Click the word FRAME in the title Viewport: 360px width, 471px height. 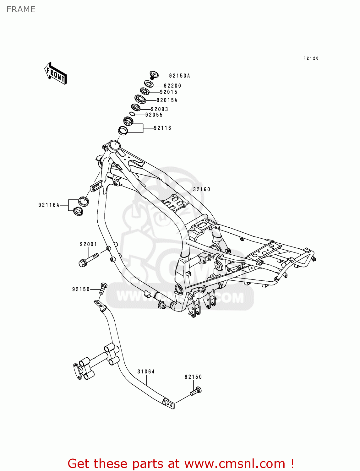point(21,9)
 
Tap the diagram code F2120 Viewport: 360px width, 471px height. point(311,58)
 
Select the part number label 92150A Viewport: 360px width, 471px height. point(180,76)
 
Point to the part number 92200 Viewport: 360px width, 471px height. point(172,86)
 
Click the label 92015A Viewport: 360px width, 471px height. point(167,100)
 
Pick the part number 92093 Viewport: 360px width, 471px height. point(160,109)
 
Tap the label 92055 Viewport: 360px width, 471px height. point(154,115)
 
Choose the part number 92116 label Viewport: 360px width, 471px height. point(162,128)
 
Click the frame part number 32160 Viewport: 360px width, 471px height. point(202,189)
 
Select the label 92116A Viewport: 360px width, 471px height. point(49,205)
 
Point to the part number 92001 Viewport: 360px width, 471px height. point(89,244)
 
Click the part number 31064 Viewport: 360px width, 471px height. point(146,371)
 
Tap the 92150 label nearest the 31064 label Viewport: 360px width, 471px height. point(193,377)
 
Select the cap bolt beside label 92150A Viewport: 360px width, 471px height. point(154,75)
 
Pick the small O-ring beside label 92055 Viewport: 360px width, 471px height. point(132,114)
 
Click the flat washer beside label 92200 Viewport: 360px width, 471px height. point(149,84)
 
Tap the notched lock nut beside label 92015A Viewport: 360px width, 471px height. point(140,99)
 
